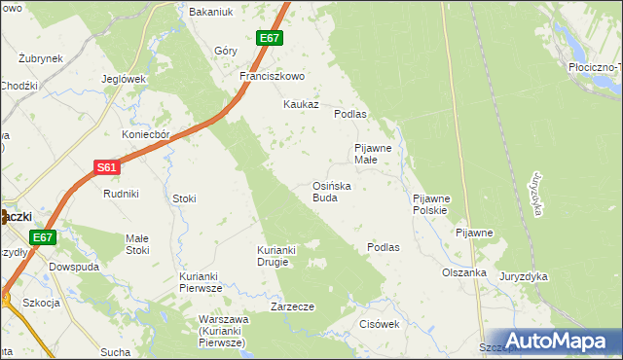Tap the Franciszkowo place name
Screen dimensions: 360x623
click(273, 76)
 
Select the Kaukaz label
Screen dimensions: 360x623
click(301, 104)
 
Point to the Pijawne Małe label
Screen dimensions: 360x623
click(372, 154)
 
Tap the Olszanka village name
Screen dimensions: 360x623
click(463, 272)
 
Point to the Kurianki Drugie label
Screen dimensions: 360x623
click(276, 255)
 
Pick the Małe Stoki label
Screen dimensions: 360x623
click(137, 244)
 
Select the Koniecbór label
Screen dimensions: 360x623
click(146, 134)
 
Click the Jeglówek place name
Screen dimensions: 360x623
click(124, 79)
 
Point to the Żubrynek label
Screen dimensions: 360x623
click(41, 58)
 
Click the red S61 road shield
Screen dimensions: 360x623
click(107, 167)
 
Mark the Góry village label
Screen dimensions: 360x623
click(226, 51)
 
